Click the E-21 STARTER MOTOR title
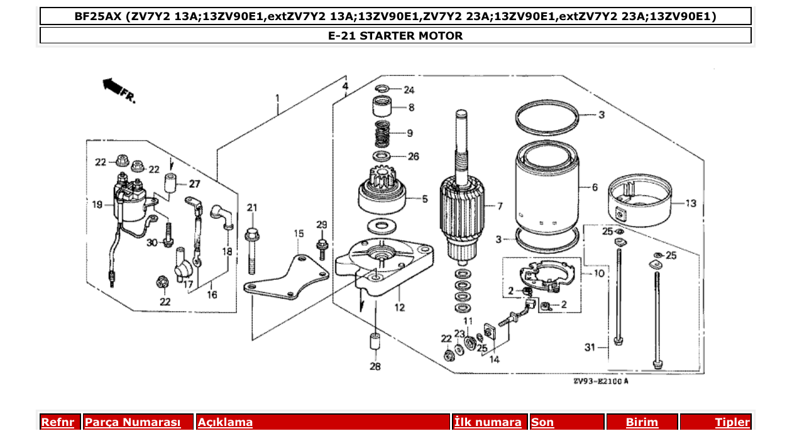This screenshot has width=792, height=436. (x=395, y=36)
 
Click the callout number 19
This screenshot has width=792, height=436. (x=96, y=204)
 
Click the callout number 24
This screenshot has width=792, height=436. (x=409, y=90)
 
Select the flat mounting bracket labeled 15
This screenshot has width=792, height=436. (x=286, y=280)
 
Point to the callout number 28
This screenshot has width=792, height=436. (x=375, y=366)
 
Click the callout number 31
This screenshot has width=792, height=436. (x=589, y=347)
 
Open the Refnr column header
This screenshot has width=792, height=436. (x=58, y=422)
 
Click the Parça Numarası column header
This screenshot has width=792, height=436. (x=133, y=422)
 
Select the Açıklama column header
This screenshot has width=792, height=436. (x=225, y=422)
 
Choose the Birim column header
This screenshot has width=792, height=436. (x=642, y=422)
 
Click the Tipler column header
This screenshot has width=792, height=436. (x=732, y=422)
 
